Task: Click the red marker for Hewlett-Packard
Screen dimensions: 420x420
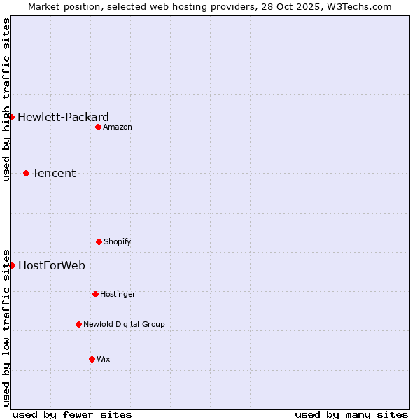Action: click(12, 117)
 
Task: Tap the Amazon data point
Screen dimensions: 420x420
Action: click(99, 127)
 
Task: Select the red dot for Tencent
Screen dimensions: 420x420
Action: click(27, 173)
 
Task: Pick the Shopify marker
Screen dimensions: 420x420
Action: click(99, 241)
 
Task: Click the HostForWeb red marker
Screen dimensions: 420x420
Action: click(12, 265)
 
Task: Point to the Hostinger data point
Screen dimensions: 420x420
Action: click(95, 294)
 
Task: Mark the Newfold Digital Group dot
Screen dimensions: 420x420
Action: click(78, 324)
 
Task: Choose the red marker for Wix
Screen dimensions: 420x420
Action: click(92, 359)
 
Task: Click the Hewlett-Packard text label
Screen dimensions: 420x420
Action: click(63, 117)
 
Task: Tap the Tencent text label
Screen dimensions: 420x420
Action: click(54, 173)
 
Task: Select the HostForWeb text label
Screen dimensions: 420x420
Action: click(52, 265)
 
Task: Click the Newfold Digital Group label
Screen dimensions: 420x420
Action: click(124, 324)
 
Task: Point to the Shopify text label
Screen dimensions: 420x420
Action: click(117, 241)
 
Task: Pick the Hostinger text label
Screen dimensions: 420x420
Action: click(118, 294)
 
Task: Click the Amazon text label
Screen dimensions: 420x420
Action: click(117, 127)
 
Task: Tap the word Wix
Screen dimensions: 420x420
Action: click(103, 359)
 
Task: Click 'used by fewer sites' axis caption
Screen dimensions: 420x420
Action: click(72, 414)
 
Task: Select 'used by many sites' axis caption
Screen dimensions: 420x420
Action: click(351, 414)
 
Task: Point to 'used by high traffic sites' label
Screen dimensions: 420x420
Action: click(6, 99)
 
